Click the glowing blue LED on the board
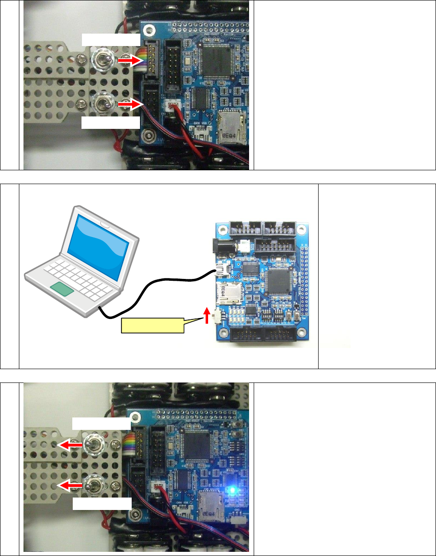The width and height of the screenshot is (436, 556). click(233, 491)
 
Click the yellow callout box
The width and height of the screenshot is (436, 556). click(151, 325)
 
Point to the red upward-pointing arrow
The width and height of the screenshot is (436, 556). click(207, 317)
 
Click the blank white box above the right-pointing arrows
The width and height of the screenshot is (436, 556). click(110, 40)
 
